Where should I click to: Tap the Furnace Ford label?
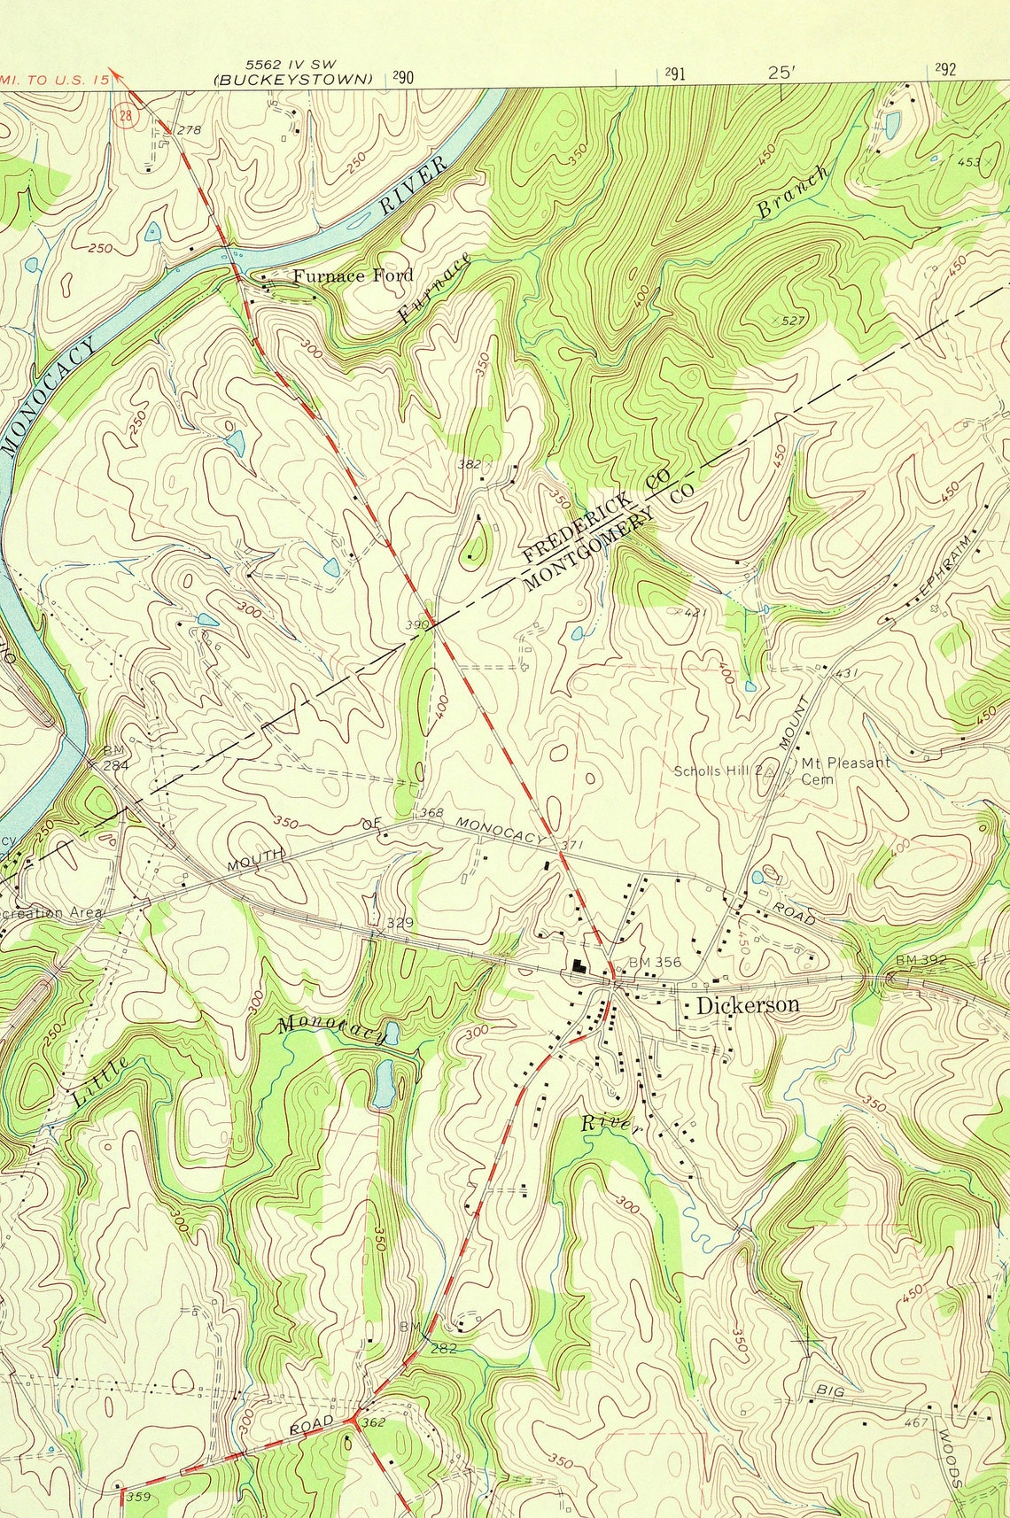353,275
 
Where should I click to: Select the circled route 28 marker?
127,115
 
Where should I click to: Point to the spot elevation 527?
791,320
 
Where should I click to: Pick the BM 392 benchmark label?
921,959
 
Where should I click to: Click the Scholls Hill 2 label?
718,771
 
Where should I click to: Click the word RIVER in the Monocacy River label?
413,187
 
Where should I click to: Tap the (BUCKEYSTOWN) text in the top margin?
293,79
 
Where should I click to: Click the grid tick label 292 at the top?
945,71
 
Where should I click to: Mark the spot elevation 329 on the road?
400,923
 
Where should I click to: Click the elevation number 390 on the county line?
416,625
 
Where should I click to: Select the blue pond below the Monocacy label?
383,1082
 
